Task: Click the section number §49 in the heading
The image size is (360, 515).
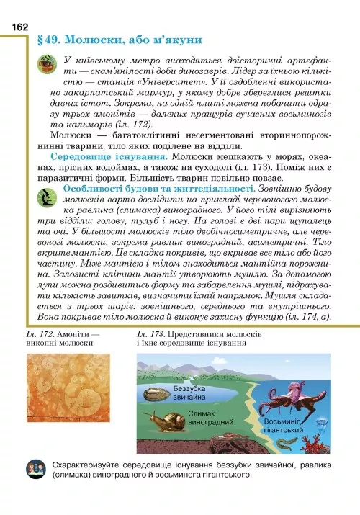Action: pos(57,38)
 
